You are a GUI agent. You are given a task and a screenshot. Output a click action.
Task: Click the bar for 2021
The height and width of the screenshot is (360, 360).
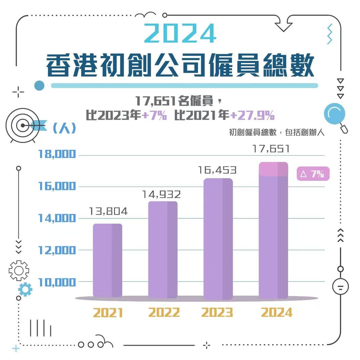point(107,260)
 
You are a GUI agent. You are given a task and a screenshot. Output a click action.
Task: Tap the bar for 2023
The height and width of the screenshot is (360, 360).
point(218,238)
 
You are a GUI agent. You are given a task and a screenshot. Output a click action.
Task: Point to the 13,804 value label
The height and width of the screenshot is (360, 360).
point(108,211)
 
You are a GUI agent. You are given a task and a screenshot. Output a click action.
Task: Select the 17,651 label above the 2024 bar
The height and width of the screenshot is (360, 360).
point(271,149)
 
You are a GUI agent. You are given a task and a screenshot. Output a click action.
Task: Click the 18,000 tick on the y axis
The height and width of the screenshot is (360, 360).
point(57,154)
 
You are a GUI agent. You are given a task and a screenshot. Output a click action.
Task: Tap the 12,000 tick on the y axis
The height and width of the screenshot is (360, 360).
point(57,250)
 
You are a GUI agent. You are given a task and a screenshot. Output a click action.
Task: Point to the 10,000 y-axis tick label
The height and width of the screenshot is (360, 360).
point(57,282)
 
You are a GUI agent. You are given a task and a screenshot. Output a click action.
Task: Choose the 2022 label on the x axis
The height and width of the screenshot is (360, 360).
point(164,313)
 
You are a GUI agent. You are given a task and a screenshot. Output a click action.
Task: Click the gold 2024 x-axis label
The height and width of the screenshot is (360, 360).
point(277,313)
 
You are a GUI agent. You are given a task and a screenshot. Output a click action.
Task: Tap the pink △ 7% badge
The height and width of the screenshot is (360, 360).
point(312,174)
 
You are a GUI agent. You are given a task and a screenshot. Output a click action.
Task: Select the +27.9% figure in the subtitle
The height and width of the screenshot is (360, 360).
point(252,116)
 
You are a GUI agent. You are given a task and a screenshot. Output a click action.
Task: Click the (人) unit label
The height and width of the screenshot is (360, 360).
point(64,128)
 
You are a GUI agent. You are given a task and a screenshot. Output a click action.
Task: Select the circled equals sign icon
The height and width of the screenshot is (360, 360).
point(341,287)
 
